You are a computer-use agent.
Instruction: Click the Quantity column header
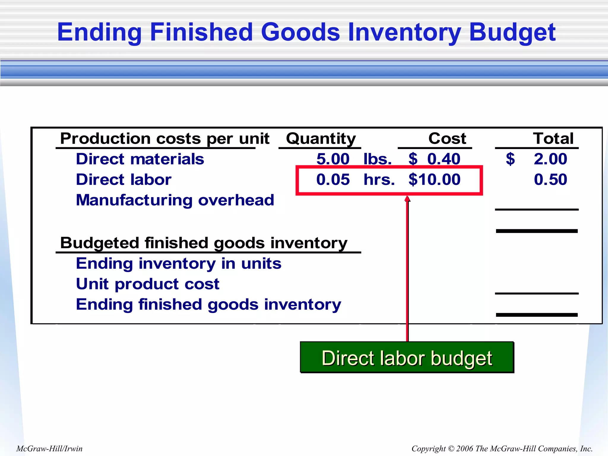tap(321, 139)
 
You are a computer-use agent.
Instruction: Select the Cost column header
tap(447, 139)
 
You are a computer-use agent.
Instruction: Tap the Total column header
tap(553, 139)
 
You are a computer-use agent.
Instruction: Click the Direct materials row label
tap(140, 159)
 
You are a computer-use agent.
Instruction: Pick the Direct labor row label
tap(123, 180)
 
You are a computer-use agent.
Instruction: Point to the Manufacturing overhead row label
tap(175, 200)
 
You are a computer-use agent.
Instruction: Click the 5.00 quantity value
tap(333, 159)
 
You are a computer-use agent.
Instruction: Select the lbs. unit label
tap(377, 159)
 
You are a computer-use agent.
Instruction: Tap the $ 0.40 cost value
tap(434, 159)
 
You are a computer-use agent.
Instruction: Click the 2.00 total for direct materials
tap(550, 159)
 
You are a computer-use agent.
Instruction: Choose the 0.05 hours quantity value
tap(333, 180)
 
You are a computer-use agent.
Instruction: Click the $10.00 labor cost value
tap(434, 180)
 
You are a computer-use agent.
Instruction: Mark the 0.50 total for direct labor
tap(550, 180)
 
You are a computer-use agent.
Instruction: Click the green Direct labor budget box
tap(407, 357)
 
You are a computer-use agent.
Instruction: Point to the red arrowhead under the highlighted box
tap(407, 199)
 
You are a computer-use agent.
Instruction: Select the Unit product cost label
tap(148, 284)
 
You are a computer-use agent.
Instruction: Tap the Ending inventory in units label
tap(178, 264)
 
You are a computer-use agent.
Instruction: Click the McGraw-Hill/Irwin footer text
tap(49, 448)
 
